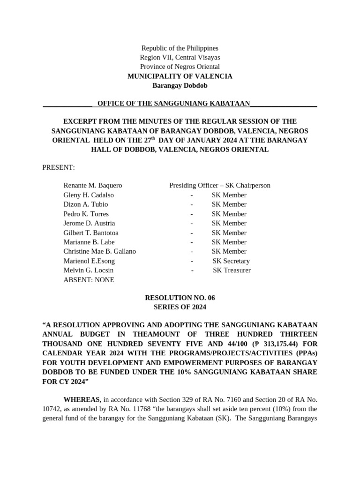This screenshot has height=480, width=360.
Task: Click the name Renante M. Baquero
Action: [x=92, y=186]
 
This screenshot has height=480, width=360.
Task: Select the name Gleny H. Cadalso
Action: [x=89, y=195]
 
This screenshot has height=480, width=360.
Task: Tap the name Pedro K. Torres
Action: [x=86, y=214]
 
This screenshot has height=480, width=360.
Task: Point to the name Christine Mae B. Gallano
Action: [x=99, y=251]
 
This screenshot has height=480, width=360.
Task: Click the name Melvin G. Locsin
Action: [x=88, y=270]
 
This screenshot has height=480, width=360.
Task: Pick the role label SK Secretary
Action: [x=231, y=261]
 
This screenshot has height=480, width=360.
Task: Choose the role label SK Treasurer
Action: [x=232, y=270]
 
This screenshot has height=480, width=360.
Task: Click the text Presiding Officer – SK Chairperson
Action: [x=220, y=186]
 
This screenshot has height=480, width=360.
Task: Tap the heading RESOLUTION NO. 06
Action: [x=180, y=298]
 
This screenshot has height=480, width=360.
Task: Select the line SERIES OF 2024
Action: [x=180, y=307]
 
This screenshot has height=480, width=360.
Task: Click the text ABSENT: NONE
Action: [x=89, y=280]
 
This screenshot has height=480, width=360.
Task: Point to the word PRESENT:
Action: [x=59, y=167]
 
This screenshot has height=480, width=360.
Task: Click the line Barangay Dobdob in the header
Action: [x=180, y=85]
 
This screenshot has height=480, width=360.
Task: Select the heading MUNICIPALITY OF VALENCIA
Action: [x=180, y=76]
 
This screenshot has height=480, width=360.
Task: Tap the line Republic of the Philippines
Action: [x=180, y=48]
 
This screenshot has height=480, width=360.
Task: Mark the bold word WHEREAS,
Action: [x=82, y=399]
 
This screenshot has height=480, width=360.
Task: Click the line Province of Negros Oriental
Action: [x=180, y=67]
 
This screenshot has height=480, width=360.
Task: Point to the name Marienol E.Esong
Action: [x=89, y=261]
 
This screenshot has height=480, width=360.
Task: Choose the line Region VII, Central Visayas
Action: [x=180, y=57]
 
